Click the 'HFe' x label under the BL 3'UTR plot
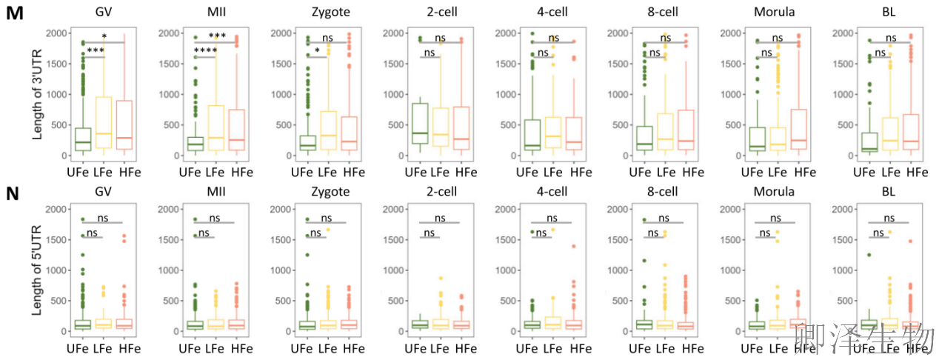pyautogui.click(x=917, y=173)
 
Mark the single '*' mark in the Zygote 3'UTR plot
pyautogui.click(x=317, y=51)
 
